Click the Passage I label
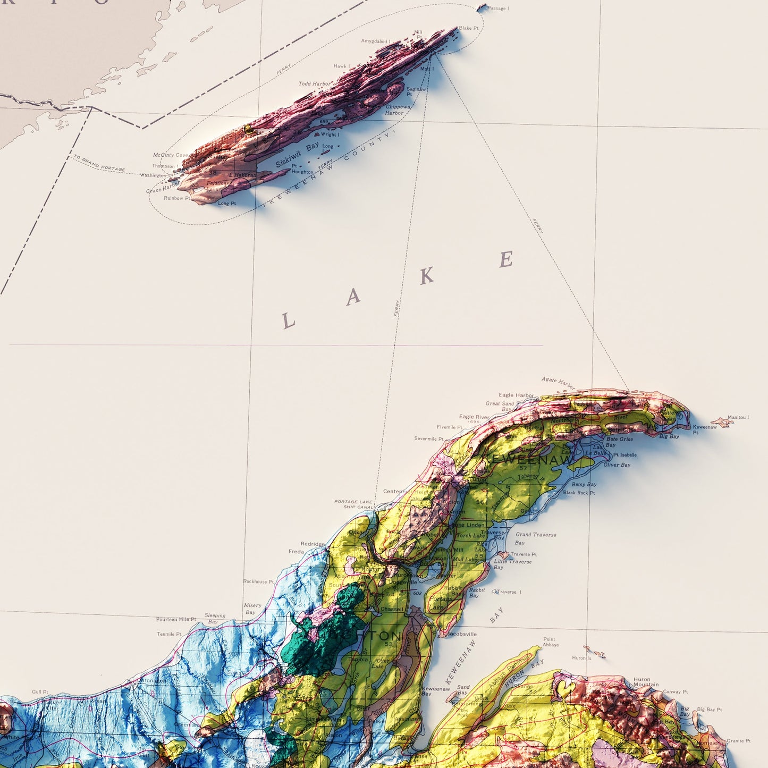click(497, 9)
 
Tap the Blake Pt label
click(468, 28)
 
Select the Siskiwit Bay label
click(297, 154)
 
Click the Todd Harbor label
click(314, 84)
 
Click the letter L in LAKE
click(288, 320)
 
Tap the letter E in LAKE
click(506, 259)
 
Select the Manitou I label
click(738, 417)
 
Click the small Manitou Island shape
click(722, 423)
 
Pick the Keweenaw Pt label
click(704, 429)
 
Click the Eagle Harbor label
click(516, 395)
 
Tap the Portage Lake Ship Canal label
click(353, 504)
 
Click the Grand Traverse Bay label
click(535, 538)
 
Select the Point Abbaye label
click(550, 642)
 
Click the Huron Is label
click(581, 658)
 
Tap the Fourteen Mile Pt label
click(176, 620)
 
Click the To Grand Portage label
click(99, 163)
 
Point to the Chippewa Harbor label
click(398, 109)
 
